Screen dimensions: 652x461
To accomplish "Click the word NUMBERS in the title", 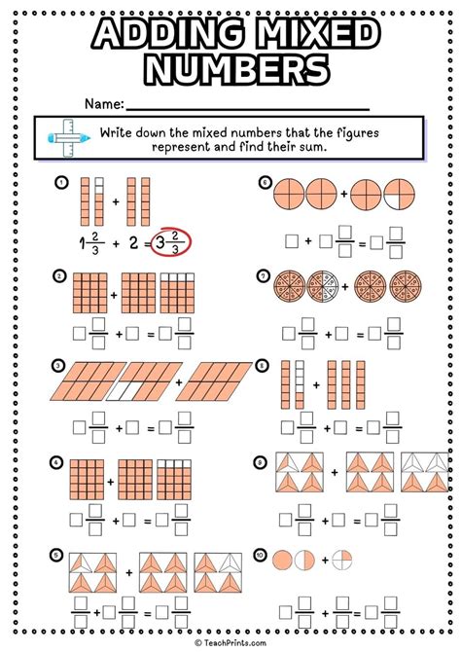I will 231,70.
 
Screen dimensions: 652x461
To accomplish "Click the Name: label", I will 103,102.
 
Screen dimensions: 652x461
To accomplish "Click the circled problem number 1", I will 60,182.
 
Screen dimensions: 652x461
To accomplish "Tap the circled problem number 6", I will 264,182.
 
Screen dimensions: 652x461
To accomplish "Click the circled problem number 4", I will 60,461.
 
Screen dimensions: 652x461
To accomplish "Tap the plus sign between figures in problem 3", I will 178,383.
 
